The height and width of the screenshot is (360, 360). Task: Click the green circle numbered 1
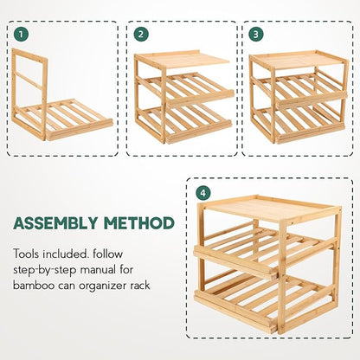tap(21, 35)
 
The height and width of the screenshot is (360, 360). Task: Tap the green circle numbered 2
tap(141, 35)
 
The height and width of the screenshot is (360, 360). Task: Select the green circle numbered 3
tap(256, 35)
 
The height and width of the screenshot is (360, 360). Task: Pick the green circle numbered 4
tap(203, 193)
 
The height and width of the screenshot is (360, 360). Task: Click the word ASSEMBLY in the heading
tap(55, 223)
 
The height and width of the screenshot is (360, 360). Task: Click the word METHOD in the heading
tap(139, 223)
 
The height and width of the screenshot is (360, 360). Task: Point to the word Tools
tap(27, 254)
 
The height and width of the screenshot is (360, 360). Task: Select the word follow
tap(108, 254)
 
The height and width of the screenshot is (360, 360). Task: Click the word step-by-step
tap(45, 271)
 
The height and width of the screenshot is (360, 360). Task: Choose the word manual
tap(97, 270)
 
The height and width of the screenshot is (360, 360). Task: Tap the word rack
tap(141, 286)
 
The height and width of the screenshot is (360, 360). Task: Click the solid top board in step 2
tap(183, 60)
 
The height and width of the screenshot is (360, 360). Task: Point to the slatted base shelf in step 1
tap(67, 119)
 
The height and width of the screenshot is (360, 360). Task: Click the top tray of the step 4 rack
tap(270, 208)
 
